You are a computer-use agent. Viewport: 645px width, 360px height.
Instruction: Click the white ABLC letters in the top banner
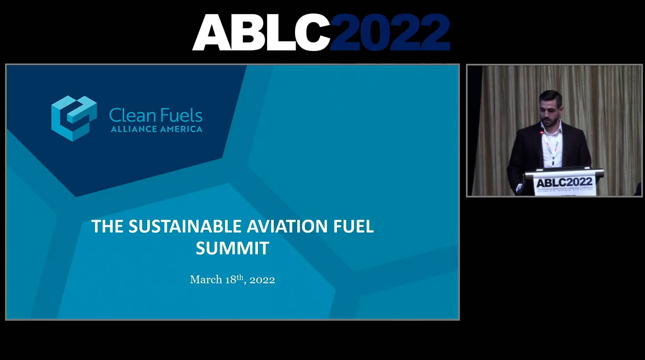coord(260,33)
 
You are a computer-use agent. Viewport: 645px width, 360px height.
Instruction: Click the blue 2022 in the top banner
coord(390,33)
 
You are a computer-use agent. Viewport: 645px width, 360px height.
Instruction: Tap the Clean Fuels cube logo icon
coord(74,118)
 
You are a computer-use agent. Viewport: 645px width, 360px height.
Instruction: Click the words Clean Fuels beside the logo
coord(156,116)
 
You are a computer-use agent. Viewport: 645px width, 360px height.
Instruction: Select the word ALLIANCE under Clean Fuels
coord(134,129)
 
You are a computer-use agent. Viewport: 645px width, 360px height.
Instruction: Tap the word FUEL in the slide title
coord(353,226)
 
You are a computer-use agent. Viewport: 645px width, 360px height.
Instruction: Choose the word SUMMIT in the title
coord(232,249)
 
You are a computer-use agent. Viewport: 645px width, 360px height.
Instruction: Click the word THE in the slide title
coord(107,226)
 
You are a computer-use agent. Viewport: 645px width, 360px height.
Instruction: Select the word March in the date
coord(206,280)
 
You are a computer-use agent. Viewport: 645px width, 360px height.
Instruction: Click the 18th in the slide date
coord(234,279)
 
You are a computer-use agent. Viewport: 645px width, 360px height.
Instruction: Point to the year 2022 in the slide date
coord(262,280)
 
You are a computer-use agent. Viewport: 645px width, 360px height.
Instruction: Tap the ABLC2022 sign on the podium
coord(564,183)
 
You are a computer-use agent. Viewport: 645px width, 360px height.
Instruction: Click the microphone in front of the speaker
coord(542,133)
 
